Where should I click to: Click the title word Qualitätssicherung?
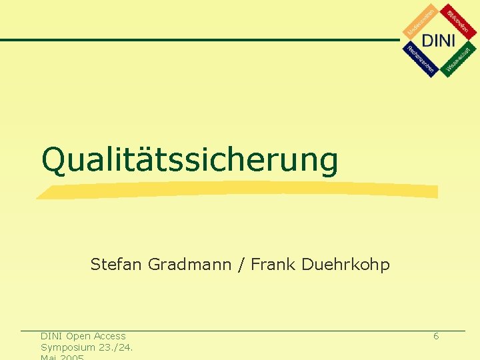pyautogui.click(x=190, y=160)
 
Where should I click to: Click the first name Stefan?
pyautogui.click(x=116, y=265)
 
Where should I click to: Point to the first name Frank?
pyautogui.click(x=273, y=265)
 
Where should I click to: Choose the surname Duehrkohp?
pyautogui.click(x=345, y=265)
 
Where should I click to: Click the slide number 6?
pyautogui.click(x=436, y=336)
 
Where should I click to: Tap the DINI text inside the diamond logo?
pyautogui.click(x=439, y=40)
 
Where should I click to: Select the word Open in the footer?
pyautogui.click(x=79, y=336)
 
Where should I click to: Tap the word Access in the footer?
pyautogui.click(x=110, y=336)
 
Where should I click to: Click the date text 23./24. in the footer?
pyautogui.click(x=115, y=347)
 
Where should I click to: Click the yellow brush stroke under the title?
pyautogui.click(x=237, y=191)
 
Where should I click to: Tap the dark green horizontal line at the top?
pyautogui.click(x=200, y=40)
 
